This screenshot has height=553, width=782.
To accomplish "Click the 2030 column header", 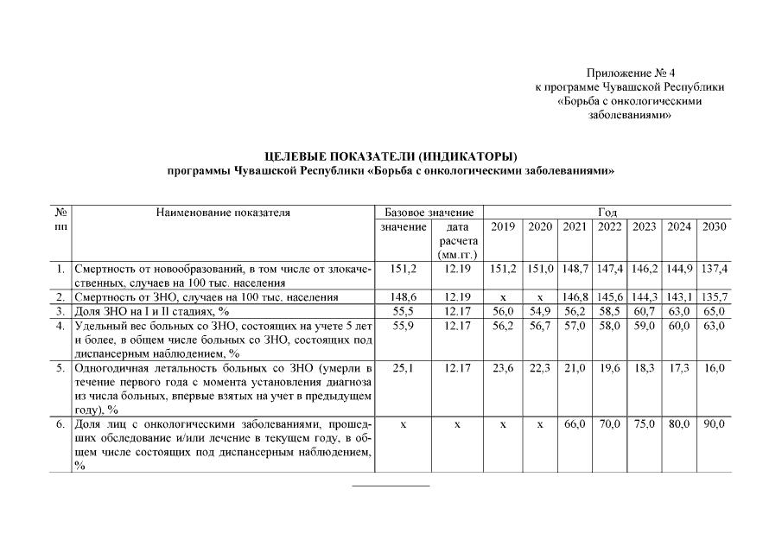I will tap(715, 226).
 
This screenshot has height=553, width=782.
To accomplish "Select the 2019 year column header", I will tap(503, 226).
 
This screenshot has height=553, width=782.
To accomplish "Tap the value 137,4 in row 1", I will tap(715, 269).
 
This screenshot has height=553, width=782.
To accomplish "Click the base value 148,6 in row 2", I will tap(403, 296).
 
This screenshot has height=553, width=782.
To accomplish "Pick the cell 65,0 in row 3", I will tap(715, 310).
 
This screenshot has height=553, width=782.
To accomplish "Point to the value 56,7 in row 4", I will tap(539, 326).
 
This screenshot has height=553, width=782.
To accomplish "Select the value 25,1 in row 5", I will tap(403, 367).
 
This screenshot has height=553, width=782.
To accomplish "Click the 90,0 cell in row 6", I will tap(715, 424).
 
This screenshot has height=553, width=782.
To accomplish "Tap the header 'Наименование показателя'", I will tap(223, 212).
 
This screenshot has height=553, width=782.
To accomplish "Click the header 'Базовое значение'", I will tap(429, 212).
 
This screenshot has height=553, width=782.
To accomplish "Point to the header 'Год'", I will tap(607, 212).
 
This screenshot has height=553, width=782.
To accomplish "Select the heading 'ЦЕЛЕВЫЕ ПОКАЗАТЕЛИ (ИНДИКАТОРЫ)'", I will tap(391, 156).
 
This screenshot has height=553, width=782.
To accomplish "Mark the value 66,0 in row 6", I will tap(575, 424).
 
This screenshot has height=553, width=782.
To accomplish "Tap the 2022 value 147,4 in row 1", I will tap(609, 269).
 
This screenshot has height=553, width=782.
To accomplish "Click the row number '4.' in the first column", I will tap(60, 326).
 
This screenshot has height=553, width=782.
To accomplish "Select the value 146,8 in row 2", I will tap(575, 296).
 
